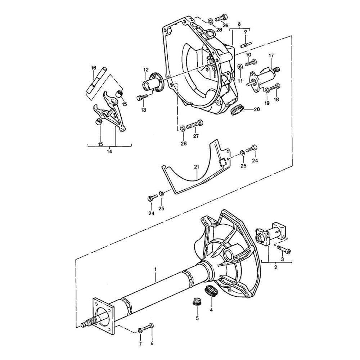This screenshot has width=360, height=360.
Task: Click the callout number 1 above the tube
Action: pyautogui.click(x=156, y=269)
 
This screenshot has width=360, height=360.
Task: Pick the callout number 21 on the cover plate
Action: pyautogui.click(x=196, y=167)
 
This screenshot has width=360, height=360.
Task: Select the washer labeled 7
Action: pyautogui.click(x=140, y=330)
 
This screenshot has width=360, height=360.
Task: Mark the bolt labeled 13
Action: pyautogui.click(x=143, y=97)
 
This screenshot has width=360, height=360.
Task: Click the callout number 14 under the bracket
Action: pyautogui.click(x=109, y=152)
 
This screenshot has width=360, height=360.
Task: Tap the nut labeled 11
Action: pyautogui.click(x=240, y=66)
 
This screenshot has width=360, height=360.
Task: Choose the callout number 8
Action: pyautogui.click(x=239, y=24)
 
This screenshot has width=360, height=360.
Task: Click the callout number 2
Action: pyautogui.click(x=275, y=267)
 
